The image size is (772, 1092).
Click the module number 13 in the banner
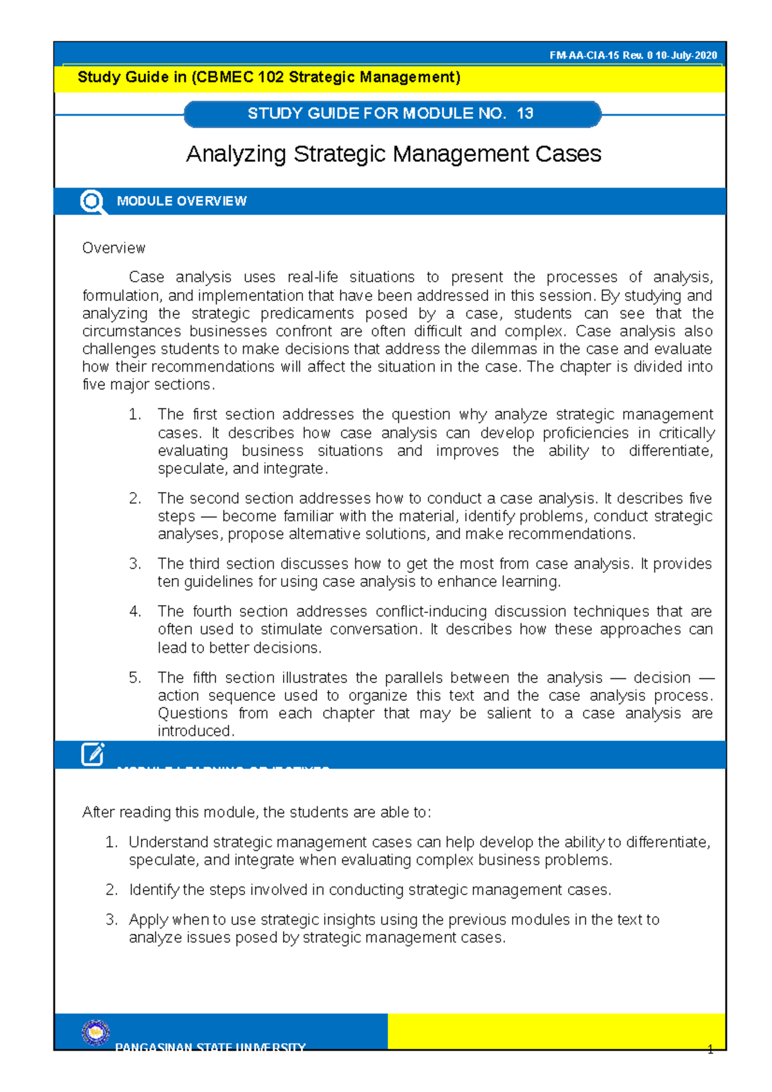(524, 114)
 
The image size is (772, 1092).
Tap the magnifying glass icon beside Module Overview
(92, 201)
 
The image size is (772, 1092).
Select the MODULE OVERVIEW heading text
(181, 201)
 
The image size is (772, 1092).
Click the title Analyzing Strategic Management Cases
(393, 154)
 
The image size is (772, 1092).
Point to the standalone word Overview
(113, 248)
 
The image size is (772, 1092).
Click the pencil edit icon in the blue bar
(93, 754)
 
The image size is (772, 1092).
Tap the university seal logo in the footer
(96, 1032)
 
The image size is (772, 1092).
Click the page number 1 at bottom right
(710, 1050)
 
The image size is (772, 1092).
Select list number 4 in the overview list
(134, 612)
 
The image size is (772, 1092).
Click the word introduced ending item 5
(195, 731)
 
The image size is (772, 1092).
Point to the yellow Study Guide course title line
(269, 78)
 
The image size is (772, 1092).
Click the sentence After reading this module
(256, 812)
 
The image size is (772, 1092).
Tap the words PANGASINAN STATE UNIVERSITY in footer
(210, 1047)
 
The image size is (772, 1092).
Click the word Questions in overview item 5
(192, 713)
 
